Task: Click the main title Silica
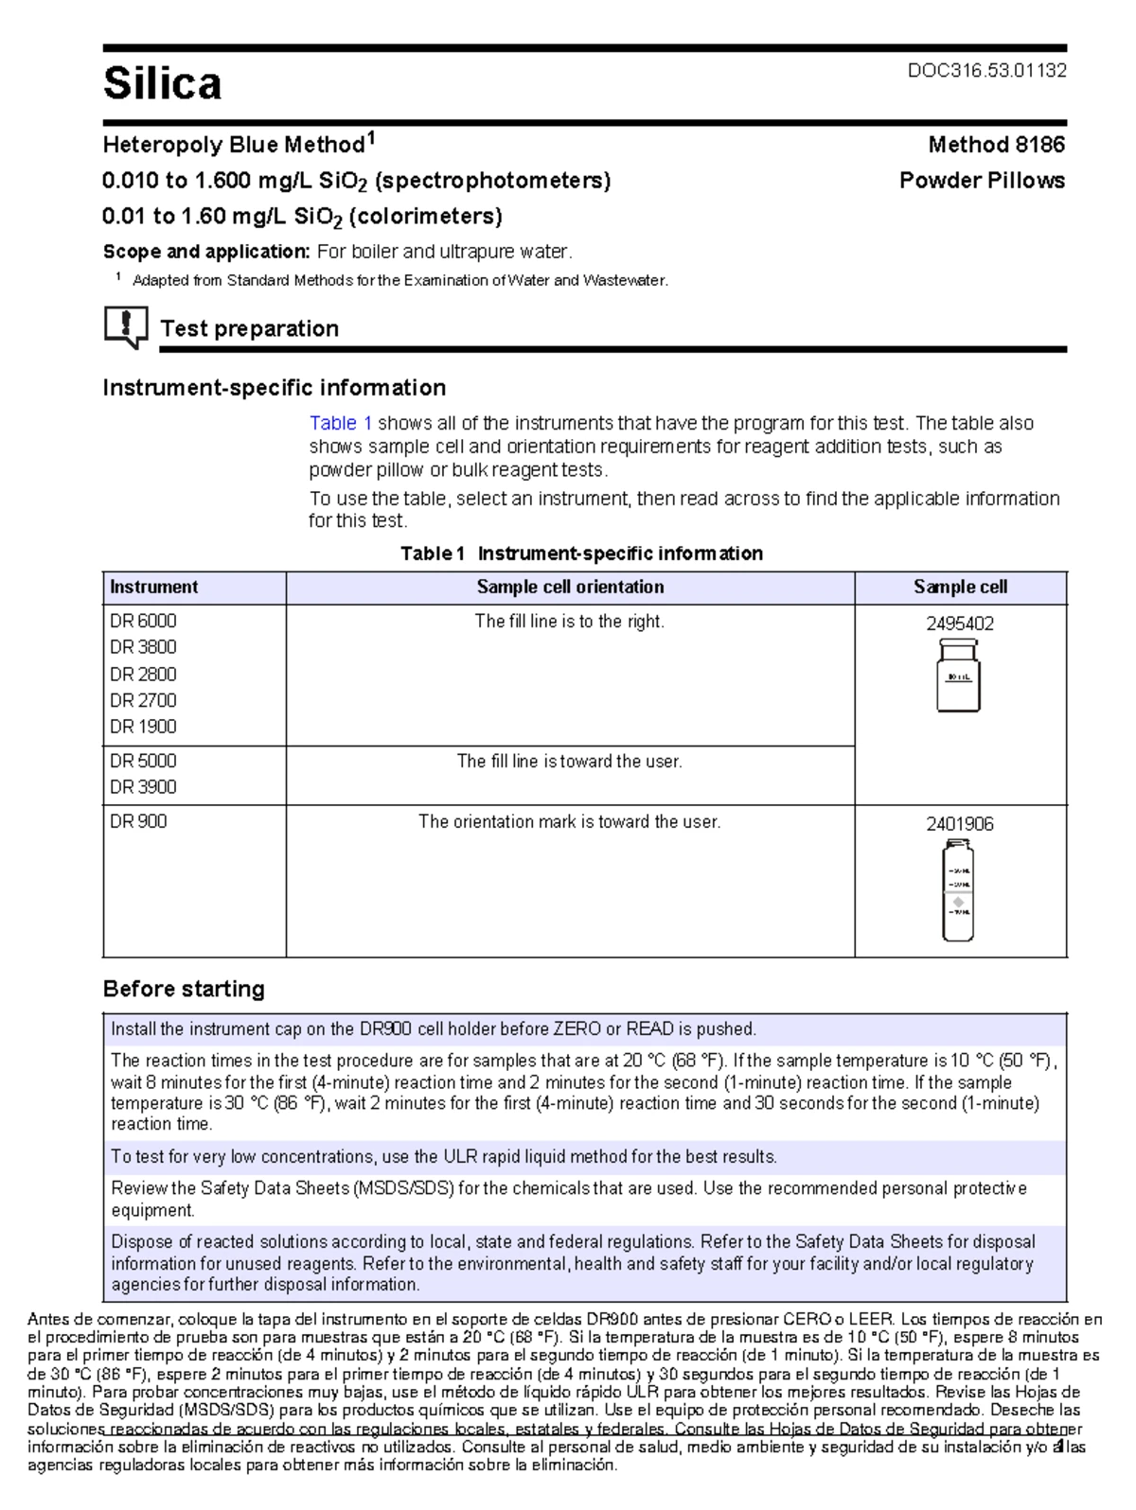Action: pos(162,83)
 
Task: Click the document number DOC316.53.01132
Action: pos(986,71)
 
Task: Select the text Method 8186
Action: pos(996,145)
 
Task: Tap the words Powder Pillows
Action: pos(982,181)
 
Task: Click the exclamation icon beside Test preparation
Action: pos(125,327)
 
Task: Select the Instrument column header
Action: pos(154,587)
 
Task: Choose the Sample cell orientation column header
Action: pos(570,587)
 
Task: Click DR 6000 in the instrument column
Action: pos(143,621)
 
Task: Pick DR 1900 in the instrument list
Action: pos(143,727)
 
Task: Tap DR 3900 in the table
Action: pos(143,787)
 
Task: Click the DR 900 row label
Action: pos(138,821)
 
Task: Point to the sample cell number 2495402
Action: pos(960,623)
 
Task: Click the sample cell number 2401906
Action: pos(960,824)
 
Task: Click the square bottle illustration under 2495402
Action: pos(958,676)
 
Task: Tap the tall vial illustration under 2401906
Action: pos(958,890)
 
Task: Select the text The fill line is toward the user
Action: pos(570,762)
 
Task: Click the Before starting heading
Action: pos(184,989)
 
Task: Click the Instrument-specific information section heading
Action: pos(274,388)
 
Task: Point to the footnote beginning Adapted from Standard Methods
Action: pos(399,281)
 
